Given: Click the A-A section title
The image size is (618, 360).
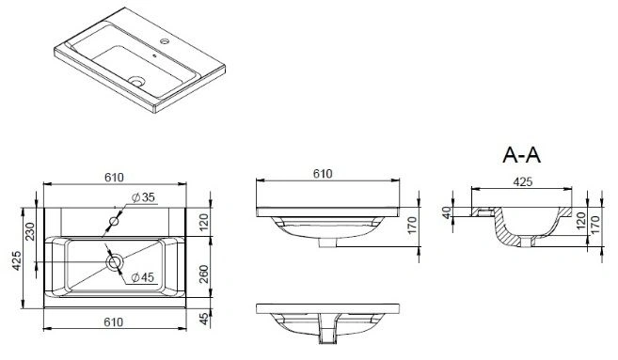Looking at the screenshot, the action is pyautogui.click(x=521, y=155).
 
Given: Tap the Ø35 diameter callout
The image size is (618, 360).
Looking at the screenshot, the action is pyautogui.click(x=143, y=197).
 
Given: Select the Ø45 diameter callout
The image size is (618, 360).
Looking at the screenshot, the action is pyautogui.click(x=142, y=277).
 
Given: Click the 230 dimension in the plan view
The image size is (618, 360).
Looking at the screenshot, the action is pyautogui.click(x=30, y=232).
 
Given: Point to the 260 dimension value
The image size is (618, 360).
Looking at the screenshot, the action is pyautogui.click(x=203, y=274).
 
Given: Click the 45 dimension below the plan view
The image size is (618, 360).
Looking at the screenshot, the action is pyautogui.click(x=203, y=319).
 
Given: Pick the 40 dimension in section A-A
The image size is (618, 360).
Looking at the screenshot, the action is pyautogui.click(x=446, y=213).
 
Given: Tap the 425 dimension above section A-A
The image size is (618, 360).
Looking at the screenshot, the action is pyautogui.click(x=523, y=181).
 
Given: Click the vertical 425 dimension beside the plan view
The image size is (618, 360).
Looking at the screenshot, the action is pyautogui.click(x=16, y=260).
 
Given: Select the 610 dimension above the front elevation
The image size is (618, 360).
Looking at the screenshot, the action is pyautogui.click(x=323, y=173).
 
